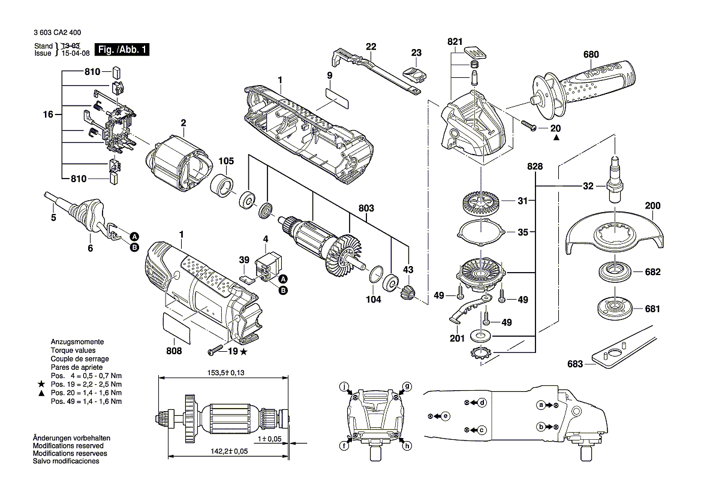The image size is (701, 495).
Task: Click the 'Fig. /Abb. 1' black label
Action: [122, 49]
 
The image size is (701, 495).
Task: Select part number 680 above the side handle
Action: [591, 55]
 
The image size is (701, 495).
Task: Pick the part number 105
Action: [225, 161]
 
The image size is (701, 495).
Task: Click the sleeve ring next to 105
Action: [222, 186]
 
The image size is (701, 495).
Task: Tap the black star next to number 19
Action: [243, 352]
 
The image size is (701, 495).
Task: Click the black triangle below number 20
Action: [556, 138]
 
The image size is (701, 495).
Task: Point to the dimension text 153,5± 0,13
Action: [226, 373]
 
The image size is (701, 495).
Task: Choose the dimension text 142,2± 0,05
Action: [229, 451]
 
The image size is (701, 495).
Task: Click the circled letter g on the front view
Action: [407, 386]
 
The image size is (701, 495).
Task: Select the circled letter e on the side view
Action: [446, 416]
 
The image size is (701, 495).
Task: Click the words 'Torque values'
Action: [73, 350]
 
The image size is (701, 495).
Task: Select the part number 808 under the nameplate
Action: [174, 351]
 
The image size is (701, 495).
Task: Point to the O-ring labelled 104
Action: [377, 274]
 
